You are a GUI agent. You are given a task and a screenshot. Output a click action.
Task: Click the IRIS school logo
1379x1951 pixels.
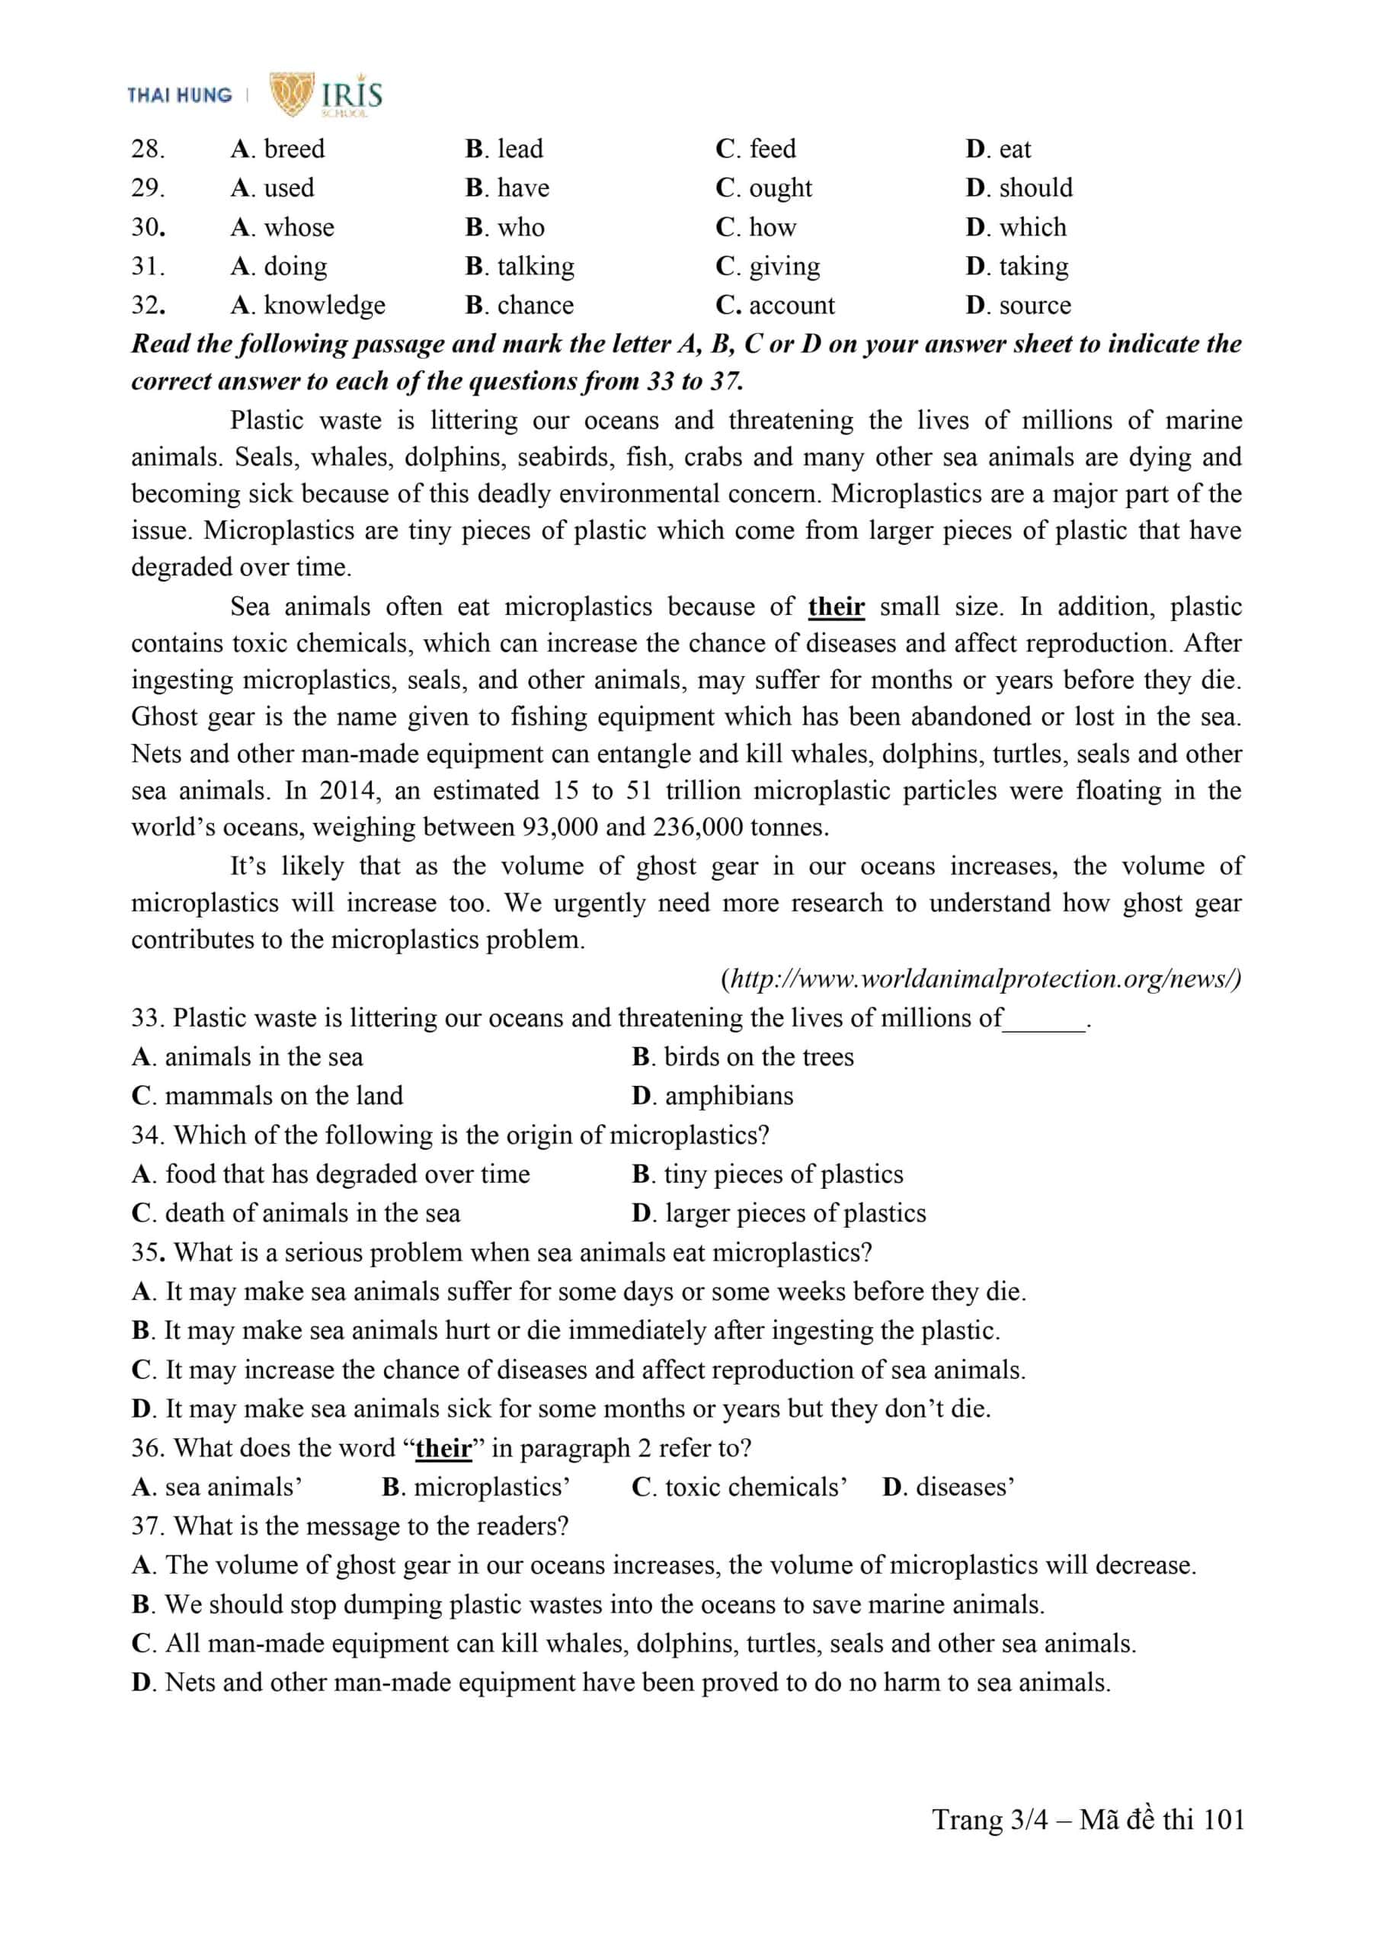click(326, 94)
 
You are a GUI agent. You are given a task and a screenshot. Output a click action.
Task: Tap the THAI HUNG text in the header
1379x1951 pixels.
click(179, 95)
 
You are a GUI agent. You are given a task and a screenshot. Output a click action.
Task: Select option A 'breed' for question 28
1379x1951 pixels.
click(278, 149)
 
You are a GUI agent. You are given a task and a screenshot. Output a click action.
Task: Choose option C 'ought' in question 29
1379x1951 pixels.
click(764, 187)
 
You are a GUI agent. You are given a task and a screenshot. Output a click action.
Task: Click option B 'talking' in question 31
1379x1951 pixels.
click(520, 267)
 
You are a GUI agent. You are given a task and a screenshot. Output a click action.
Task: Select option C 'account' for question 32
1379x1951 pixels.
click(775, 305)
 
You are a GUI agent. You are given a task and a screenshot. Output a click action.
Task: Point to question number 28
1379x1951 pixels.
click(148, 149)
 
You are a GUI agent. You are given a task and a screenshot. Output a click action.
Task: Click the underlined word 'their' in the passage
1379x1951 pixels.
click(836, 607)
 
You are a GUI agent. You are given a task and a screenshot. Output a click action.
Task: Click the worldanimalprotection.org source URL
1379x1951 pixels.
click(981, 979)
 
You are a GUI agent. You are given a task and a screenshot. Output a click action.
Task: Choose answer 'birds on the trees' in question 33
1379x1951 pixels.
click(743, 1057)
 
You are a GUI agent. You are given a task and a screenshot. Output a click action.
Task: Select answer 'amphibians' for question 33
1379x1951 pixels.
click(713, 1096)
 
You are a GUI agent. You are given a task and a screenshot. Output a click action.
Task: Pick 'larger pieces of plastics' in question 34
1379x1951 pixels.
click(779, 1213)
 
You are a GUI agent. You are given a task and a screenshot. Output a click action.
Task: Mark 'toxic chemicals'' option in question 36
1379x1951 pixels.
click(739, 1487)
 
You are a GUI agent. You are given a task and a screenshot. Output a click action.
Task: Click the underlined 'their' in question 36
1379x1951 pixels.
click(443, 1448)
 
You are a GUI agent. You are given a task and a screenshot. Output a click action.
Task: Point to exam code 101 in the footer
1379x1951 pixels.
click(1224, 1819)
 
